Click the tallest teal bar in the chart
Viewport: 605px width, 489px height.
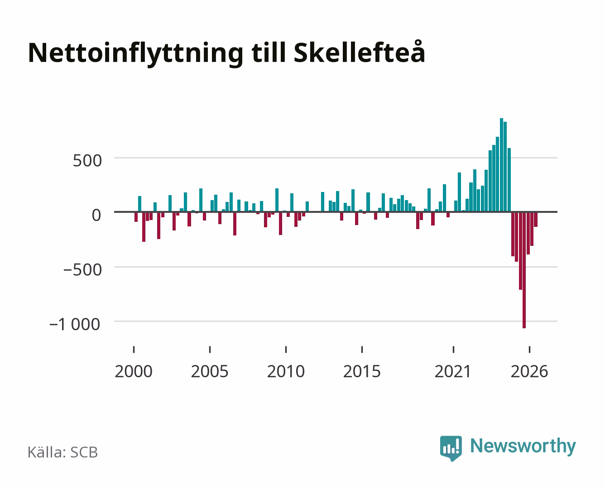point(502,165)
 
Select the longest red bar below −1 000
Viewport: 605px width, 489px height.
point(524,270)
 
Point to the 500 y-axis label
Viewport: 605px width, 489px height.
point(87,161)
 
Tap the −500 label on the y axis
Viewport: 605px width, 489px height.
point(82,270)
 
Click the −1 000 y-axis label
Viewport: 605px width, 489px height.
point(75,324)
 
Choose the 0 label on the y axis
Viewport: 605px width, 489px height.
point(96,215)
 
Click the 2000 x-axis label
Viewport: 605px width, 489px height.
point(134,371)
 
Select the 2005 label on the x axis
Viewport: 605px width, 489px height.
point(210,371)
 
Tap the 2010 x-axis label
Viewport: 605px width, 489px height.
point(286,371)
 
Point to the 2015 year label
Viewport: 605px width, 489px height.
point(362,371)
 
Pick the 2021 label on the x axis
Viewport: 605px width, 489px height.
point(453,371)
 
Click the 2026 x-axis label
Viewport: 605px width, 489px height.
point(529,371)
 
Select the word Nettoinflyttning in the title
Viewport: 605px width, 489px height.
point(135,54)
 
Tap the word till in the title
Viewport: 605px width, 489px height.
point(269,53)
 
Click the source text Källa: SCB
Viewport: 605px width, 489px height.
point(63,452)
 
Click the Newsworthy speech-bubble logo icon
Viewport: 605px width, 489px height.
point(451,448)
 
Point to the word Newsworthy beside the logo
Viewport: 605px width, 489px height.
point(523,446)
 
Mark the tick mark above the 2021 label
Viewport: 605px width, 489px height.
point(453,350)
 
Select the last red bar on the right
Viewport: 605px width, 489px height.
point(536,219)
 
